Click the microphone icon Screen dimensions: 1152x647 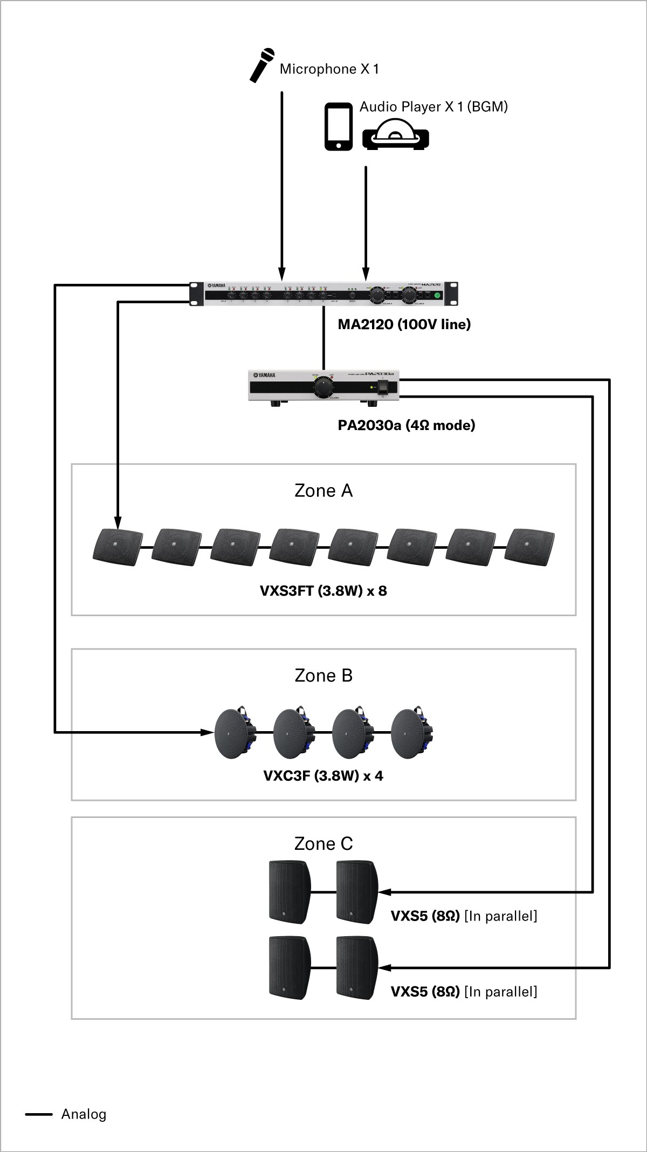263,65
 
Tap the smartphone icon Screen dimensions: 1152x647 339,126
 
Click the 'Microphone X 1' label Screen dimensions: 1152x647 329,69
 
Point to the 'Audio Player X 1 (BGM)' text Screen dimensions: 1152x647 433,107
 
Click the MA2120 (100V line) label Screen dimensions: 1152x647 404,324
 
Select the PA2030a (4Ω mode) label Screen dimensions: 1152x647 407,425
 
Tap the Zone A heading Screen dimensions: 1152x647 323,490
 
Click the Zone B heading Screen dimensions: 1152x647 323,676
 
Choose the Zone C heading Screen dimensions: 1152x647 323,844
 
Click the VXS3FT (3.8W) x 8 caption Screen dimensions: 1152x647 323,591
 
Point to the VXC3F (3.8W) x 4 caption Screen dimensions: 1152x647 323,776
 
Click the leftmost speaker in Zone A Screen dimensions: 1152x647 118,547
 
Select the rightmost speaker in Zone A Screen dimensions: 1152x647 532,547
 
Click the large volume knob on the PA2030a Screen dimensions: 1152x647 323,387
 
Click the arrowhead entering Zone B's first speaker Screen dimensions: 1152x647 208,732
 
